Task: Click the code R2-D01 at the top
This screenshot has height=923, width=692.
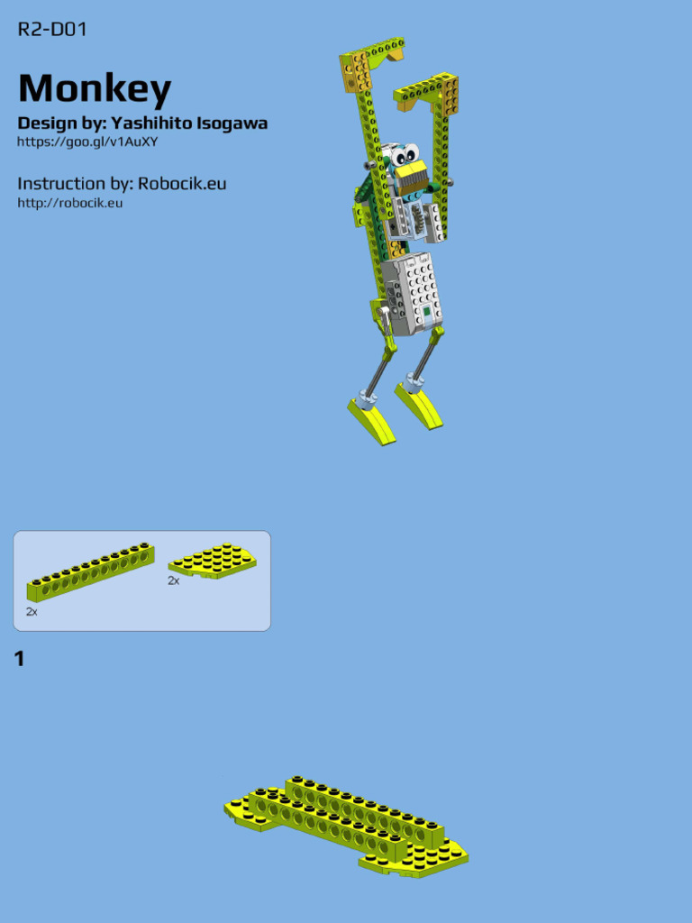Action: (x=52, y=30)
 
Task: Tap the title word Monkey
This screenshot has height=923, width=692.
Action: (x=95, y=88)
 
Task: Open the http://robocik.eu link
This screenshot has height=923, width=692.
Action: (x=70, y=203)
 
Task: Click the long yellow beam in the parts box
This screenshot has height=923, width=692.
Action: (x=90, y=572)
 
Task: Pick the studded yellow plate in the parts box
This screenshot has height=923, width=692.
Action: (x=213, y=560)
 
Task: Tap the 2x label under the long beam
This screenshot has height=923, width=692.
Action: (x=32, y=612)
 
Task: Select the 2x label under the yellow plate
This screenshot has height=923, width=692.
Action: (x=173, y=581)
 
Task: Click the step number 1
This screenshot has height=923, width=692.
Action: (x=19, y=660)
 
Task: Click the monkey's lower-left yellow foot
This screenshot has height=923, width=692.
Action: (x=371, y=422)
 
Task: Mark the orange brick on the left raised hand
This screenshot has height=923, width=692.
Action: (x=357, y=72)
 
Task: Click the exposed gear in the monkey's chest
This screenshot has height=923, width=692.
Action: (x=416, y=221)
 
